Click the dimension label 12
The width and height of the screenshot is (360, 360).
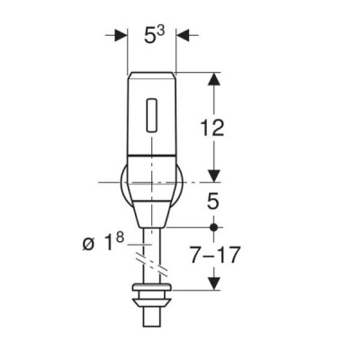212,128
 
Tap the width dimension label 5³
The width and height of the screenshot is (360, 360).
155,35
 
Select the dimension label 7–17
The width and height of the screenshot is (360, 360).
215,256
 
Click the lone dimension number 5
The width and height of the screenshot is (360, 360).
213,202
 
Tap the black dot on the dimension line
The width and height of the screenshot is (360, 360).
213,227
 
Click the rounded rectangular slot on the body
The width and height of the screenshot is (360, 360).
151,115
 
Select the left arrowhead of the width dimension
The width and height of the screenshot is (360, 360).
121,35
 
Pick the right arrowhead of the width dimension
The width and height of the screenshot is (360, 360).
183,35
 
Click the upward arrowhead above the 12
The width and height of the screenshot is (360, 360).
213,79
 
